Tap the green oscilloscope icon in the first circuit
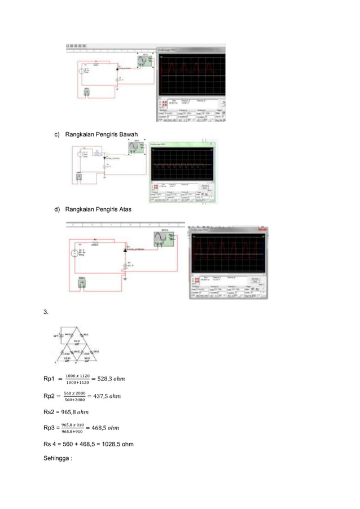(x=146, y=61)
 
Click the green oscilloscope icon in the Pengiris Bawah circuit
(x=134, y=147)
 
